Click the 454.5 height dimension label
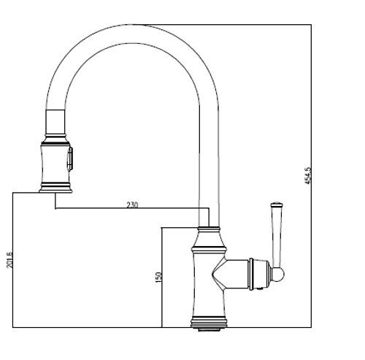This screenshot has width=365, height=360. (x=308, y=176)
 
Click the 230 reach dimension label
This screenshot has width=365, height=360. (x=132, y=205)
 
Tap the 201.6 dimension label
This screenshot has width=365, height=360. (x=9, y=260)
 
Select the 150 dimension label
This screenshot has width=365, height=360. (x=158, y=277)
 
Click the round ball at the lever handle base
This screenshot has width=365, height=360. (x=278, y=275)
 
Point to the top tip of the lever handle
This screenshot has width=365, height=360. (x=277, y=202)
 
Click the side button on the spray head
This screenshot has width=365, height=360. (x=70, y=158)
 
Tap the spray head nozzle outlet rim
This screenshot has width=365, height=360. (x=55, y=191)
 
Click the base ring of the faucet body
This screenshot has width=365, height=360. (x=209, y=323)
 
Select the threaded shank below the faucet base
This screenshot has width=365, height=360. (x=210, y=329)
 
